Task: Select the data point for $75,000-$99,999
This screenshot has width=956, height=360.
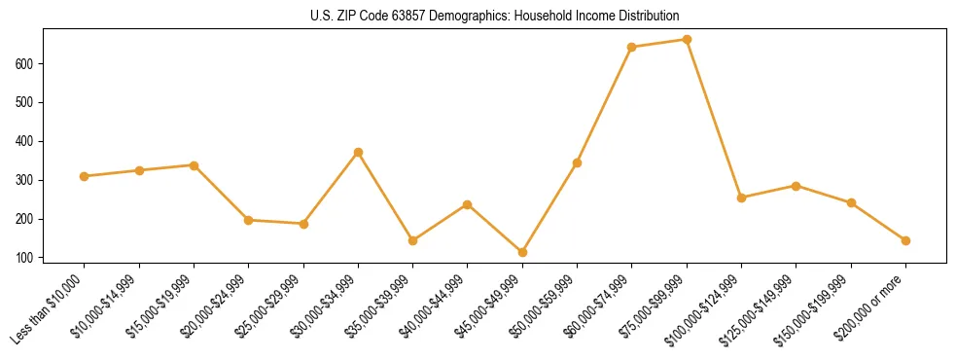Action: pyautogui.click(x=687, y=40)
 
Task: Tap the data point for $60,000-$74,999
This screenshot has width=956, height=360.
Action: pyautogui.click(x=632, y=47)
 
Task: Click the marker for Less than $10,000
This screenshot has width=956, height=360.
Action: pyautogui.click(x=85, y=176)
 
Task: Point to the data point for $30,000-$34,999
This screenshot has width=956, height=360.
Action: pyautogui.click(x=359, y=152)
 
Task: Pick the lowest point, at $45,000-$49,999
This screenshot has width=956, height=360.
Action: pyautogui.click(x=522, y=252)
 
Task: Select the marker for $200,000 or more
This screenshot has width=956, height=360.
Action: pyautogui.click(x=905, y=240)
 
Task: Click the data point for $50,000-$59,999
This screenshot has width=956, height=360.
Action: pyautogui.click(x=578, y=162)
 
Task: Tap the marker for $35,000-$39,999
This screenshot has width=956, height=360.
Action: pyautogui.click(x=413, y=240)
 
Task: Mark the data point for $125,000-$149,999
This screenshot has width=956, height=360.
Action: pyautogui.click(x=797, y=186)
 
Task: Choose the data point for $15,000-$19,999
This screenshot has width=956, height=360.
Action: pyautogui.click(x=195, y=165)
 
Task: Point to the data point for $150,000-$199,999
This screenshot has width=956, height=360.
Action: pyautogui.click(x=851, y=202)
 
